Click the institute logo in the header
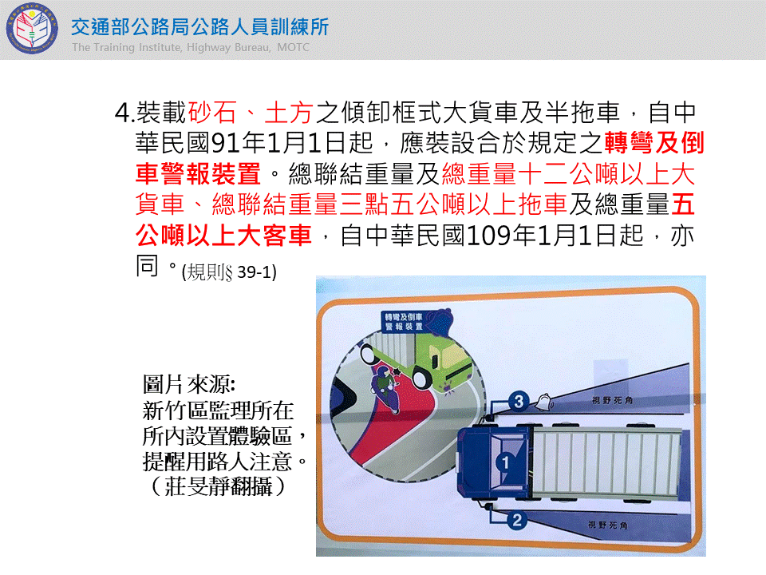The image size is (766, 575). coord(32,29)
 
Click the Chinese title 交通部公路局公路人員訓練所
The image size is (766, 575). coord(199,27)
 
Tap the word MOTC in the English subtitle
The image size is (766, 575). coord(293,47)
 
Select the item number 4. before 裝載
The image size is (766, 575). coord(124,113)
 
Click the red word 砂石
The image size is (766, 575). coord(212,113)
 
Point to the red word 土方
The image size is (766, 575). coord(289,113)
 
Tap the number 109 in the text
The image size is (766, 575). coord(489,236)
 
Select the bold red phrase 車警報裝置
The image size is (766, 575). coord(199,173)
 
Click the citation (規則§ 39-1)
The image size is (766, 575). coord(229,272)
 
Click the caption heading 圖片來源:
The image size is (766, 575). coord(189,384)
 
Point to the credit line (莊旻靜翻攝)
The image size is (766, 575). coord(219,486)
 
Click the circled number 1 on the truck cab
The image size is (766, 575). coord(505,462)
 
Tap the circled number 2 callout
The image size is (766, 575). coord(517,520)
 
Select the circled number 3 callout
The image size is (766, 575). coord(519,402)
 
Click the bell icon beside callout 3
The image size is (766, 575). coord(544,402)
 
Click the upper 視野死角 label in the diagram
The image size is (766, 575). coord(612,400)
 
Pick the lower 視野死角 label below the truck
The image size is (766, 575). coord(608,525)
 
